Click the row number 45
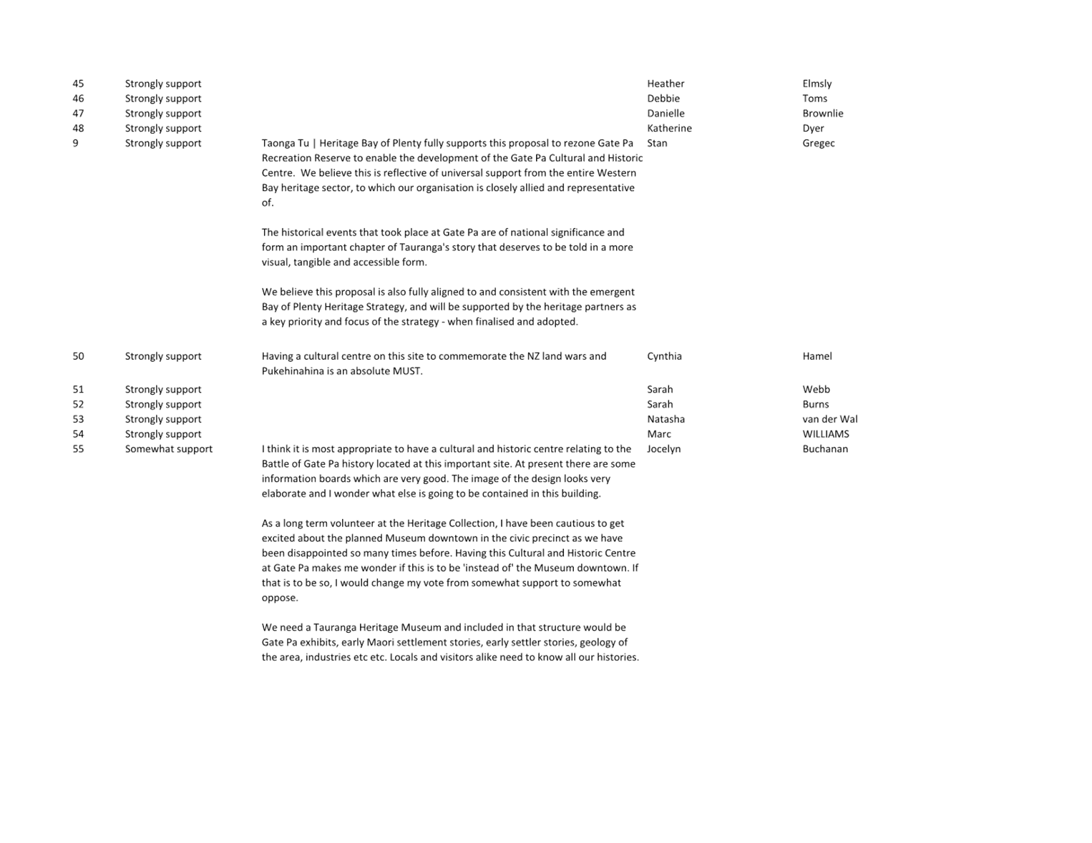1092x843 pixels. coord(78,84)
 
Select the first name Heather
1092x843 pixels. coord(666,84)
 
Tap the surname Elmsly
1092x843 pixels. coord(816,84)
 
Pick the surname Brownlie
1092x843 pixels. coord(823,113)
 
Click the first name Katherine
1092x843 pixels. coord(669,128)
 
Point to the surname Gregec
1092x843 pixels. coord(818,143)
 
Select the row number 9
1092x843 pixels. coord(75,143)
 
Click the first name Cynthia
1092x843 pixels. coord(664,356)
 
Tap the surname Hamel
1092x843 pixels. coord(817,356)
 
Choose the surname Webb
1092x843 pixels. coord(816,389)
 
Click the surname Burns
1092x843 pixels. coord(816,404)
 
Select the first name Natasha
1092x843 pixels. coord(666,419)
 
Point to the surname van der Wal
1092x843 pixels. coord(829,419)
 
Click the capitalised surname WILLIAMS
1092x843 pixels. coord(826,434)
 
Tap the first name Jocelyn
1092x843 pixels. coord(664,449)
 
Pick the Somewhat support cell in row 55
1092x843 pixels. coord(168,449)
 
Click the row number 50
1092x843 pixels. coord(78,356)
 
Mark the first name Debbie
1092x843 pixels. coord(663,99)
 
